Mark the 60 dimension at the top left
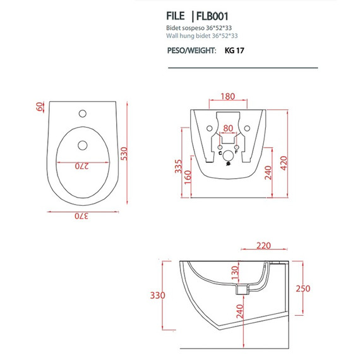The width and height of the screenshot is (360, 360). coord(40,107)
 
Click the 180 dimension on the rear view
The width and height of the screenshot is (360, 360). coord(228,97)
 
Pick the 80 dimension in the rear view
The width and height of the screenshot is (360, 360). coord(228,128)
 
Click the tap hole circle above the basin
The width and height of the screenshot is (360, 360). coord(81,114)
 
